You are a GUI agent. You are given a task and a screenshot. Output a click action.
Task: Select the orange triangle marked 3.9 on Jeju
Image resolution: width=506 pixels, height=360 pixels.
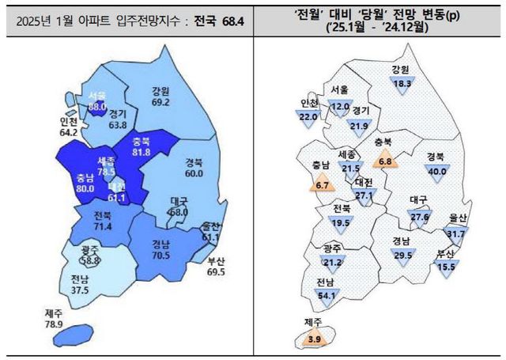(313, 339)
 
